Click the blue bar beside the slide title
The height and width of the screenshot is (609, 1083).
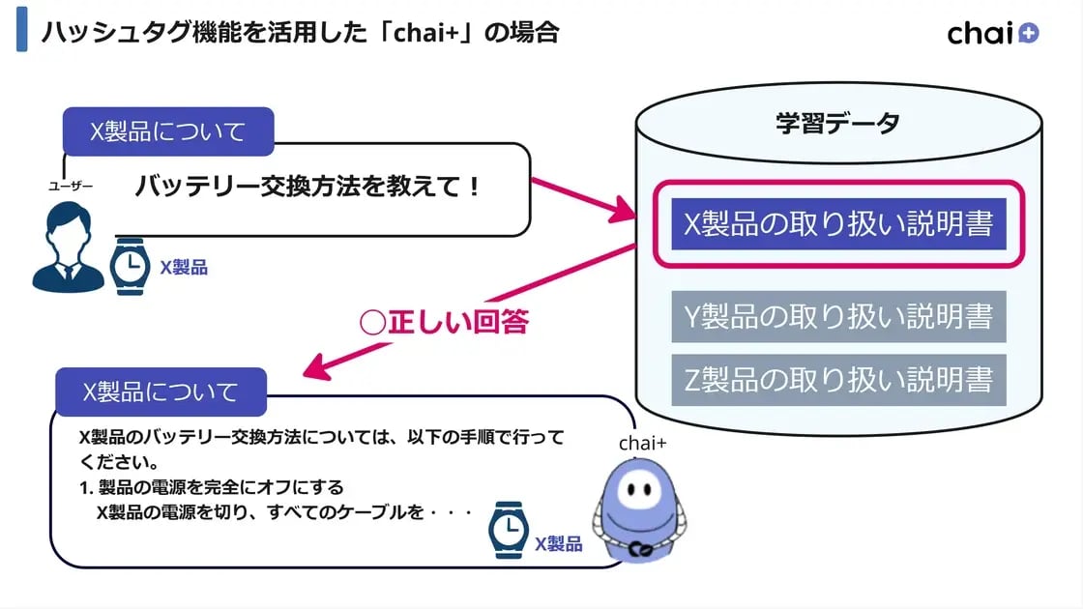coord(21,33)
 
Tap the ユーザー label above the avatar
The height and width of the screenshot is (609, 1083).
coord(71,186)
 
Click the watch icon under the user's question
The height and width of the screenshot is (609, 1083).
coord(129,266)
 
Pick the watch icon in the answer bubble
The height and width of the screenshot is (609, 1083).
coord(508,532)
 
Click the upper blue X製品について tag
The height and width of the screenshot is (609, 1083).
coord(167,131)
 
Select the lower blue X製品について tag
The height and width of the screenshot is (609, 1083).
coord(161,391)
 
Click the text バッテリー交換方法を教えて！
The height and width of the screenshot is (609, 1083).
coord(307,187)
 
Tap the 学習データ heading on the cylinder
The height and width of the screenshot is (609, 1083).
coord(837,123)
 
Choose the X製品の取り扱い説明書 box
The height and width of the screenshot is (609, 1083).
coord(838,223)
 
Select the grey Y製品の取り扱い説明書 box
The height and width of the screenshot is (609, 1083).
coord(838,316)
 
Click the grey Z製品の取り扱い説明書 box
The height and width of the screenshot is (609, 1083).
coord(838,380)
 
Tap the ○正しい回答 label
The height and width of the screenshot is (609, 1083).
coord(444,322)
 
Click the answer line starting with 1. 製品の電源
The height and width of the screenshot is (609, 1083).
coord(212,487)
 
